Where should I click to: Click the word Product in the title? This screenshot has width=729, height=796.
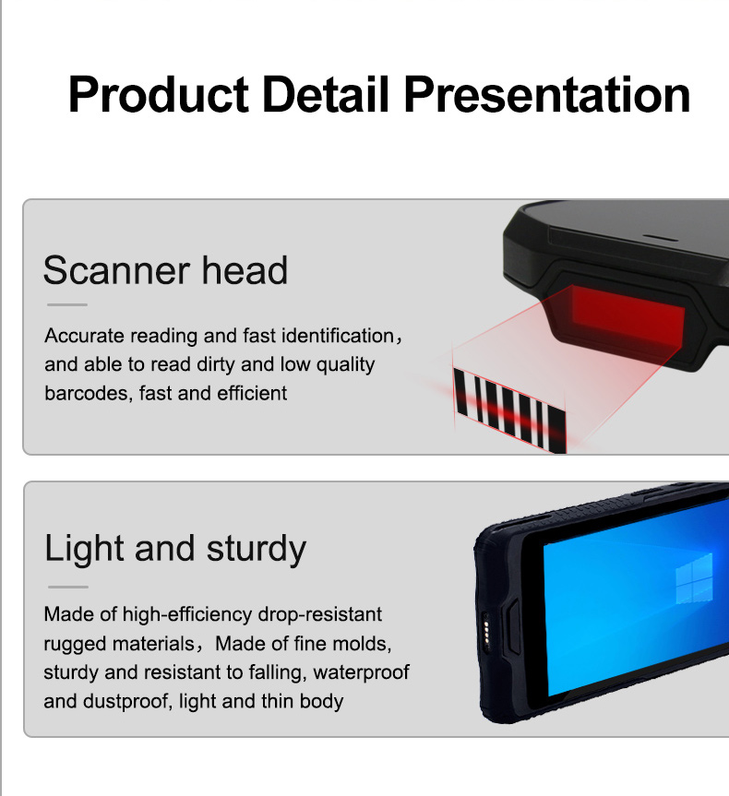pos(158,95)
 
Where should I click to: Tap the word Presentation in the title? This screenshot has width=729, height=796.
pos(547,95)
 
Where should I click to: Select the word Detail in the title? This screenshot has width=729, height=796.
pos(326,94)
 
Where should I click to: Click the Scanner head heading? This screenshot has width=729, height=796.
pos(165,270)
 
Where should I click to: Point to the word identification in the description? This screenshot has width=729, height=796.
pos(338,336)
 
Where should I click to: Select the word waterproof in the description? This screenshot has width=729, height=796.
pos(361,672)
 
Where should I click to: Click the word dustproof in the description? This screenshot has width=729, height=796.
pos(127,702)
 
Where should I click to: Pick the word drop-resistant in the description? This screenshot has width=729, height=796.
pos(320,614)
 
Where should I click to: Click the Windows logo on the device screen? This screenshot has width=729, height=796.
pos(694,578)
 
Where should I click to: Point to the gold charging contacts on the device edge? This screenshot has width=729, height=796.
pos(486,632)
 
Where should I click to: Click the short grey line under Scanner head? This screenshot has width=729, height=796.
pos(67,304)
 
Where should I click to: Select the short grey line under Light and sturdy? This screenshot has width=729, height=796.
pos(68,587)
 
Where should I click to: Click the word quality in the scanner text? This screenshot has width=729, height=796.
pos(345,365)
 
